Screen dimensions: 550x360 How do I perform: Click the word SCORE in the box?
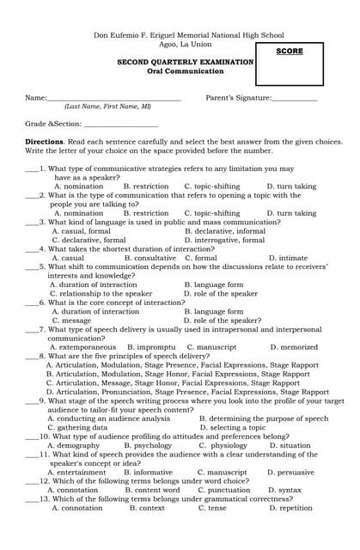point(290,52)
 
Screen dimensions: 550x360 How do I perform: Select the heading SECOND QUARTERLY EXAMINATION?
point(185,63)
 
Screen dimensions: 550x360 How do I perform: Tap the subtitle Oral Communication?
point(185,72)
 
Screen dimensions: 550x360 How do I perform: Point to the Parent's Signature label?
point(239,98)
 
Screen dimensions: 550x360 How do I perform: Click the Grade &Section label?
point(47,124)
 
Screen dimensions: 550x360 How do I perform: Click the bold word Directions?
point(44,141)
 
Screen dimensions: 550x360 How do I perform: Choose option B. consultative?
point(149,258)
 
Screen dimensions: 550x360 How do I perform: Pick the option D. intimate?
point(288,258)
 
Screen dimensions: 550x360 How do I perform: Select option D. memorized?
point(294,347)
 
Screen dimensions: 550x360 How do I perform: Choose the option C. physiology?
point(223,446)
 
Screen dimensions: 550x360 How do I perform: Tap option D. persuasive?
point(291,472)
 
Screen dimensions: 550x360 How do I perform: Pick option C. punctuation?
point(223,490)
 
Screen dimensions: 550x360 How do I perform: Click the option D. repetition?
point(290,508)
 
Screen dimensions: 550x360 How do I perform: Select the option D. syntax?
point(284,490)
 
